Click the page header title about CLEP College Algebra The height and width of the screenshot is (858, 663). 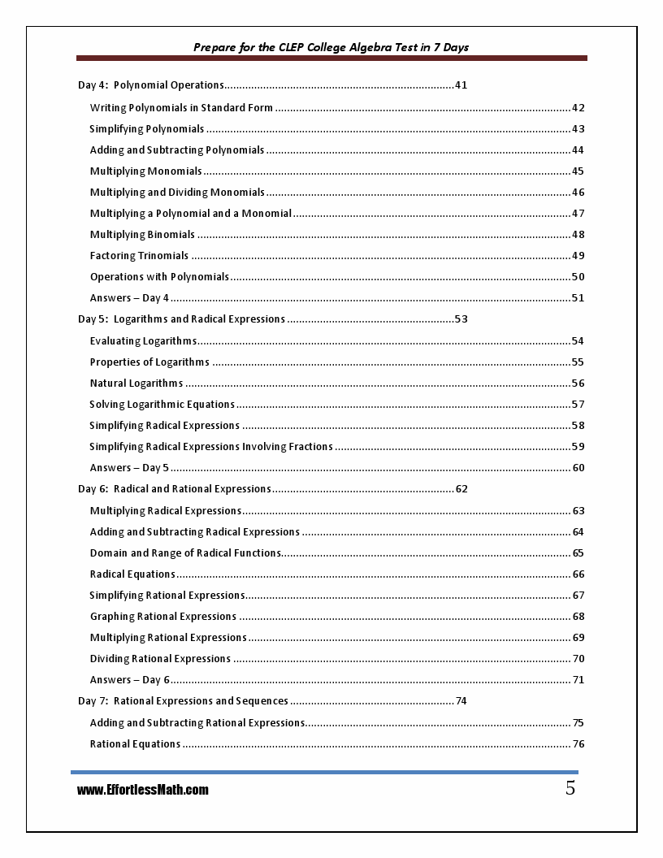coord(331,47)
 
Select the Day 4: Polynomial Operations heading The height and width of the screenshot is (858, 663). coord(150,84)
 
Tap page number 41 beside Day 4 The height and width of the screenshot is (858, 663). coord(461,84)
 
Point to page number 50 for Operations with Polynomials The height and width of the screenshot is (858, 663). coord(578,277)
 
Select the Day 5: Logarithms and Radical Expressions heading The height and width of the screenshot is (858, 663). coord(181,319)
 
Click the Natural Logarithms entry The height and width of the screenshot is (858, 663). coord(136,383)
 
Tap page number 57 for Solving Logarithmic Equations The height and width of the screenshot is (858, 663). coord(578,405)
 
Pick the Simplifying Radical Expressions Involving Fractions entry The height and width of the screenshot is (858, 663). coord(211,447)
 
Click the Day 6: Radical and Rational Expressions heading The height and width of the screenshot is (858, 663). coord(174,489)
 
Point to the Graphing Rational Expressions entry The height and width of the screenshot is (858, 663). coord(163,617)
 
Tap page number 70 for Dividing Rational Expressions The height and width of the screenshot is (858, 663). coord(578,659)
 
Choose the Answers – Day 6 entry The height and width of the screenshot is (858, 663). coord(130,680)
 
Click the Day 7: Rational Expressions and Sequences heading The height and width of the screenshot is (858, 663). coord(183,701)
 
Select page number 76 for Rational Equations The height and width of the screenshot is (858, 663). coord(578,744)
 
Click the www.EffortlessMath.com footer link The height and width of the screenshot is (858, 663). coord(143,790)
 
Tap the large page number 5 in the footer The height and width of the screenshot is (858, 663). coord(570,788)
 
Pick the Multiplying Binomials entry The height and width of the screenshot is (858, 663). coord(142,235)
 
